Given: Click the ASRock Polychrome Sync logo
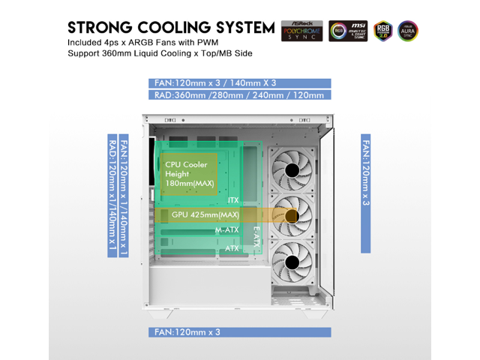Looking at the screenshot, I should [301, 30].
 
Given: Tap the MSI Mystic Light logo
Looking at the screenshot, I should [346, 30].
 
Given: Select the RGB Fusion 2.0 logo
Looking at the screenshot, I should [383, 30].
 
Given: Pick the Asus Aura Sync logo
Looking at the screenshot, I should [409, 30].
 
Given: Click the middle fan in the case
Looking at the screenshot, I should [293, 217].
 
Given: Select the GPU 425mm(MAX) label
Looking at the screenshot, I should [205, 215].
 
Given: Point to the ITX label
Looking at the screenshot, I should [233, 200].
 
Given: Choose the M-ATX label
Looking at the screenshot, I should [226, 229].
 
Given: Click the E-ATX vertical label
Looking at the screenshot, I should [256, 236].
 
